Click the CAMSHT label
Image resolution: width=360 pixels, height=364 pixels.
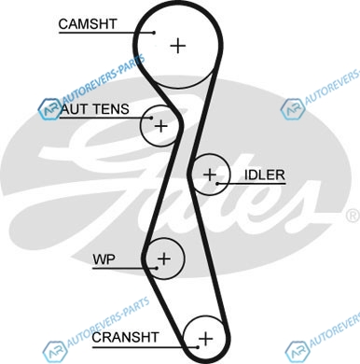point(88,24)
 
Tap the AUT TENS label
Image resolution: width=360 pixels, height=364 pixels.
point(95,109)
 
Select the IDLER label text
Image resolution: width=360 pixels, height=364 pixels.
point(265,175)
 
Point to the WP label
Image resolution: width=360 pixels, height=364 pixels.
point(104,259)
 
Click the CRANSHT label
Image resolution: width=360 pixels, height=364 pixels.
point(125,337)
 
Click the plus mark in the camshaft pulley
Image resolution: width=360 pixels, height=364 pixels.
point(178,46)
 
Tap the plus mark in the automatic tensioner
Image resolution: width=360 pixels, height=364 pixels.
point(161,126)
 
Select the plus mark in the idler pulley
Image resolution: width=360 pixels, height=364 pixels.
point(210,175)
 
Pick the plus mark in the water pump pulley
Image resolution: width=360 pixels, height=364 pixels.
point(164,259)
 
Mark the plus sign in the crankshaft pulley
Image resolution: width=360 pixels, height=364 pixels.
point(205,338)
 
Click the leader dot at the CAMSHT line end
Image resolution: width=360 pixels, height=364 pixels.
point(154,33)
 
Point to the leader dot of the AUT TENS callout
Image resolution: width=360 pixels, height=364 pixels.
point(151,118)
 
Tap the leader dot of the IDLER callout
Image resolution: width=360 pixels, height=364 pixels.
point(217,184)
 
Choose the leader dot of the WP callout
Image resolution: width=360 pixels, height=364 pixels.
point(157,268)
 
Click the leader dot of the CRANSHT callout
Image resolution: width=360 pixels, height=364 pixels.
point(198,347)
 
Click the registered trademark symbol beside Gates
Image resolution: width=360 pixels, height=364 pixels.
point(353,216)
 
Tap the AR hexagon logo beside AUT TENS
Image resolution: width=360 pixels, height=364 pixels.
point(49,109)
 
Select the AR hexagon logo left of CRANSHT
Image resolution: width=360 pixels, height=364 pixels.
point(55,352)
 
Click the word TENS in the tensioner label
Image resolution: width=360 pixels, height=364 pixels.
point(111,109)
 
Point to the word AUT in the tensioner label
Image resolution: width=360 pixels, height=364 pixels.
point(75,109)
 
